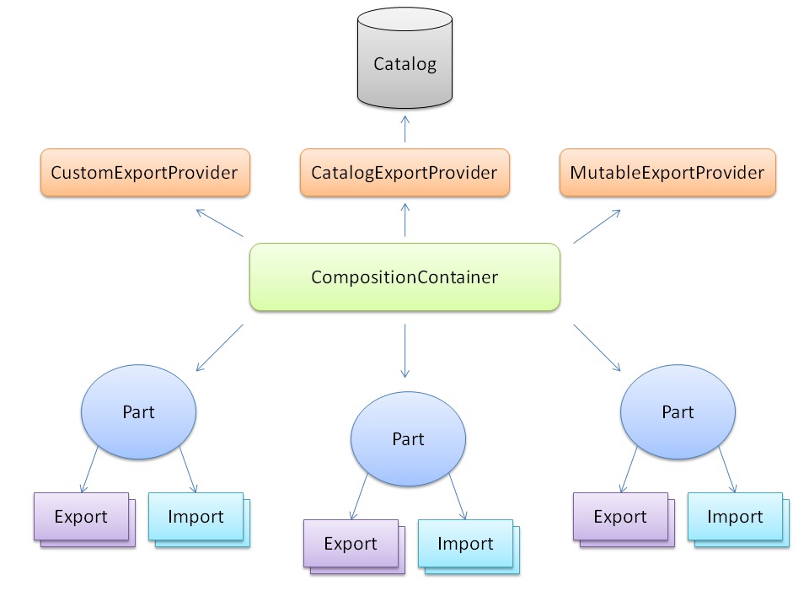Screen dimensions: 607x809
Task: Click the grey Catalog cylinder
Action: pos(404,63)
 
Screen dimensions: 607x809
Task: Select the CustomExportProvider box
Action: pos(145,173)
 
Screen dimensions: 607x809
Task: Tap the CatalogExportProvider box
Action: pos(404,173)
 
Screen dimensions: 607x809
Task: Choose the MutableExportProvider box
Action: pos(667,173)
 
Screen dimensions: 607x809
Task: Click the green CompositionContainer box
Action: pos(404,277)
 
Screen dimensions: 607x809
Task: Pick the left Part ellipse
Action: pos(138,411)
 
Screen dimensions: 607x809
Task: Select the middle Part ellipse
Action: pos(408,438)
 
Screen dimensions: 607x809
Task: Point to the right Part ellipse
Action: pos(678,411)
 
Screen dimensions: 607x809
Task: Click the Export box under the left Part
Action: pos(81,516)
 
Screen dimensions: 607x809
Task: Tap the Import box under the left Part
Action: pos(196,516)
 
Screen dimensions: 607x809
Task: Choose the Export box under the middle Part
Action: pos(351,543)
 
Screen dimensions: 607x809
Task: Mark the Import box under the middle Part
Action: pos(465,543)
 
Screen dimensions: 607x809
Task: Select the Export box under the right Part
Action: pos(620,516)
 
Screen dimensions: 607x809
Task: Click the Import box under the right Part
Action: pos(735,516)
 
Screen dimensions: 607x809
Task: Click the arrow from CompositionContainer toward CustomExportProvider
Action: pos(219,223)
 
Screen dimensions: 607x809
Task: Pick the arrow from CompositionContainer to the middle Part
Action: pos(404,350)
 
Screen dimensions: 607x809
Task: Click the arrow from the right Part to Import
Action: pos(727,470)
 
